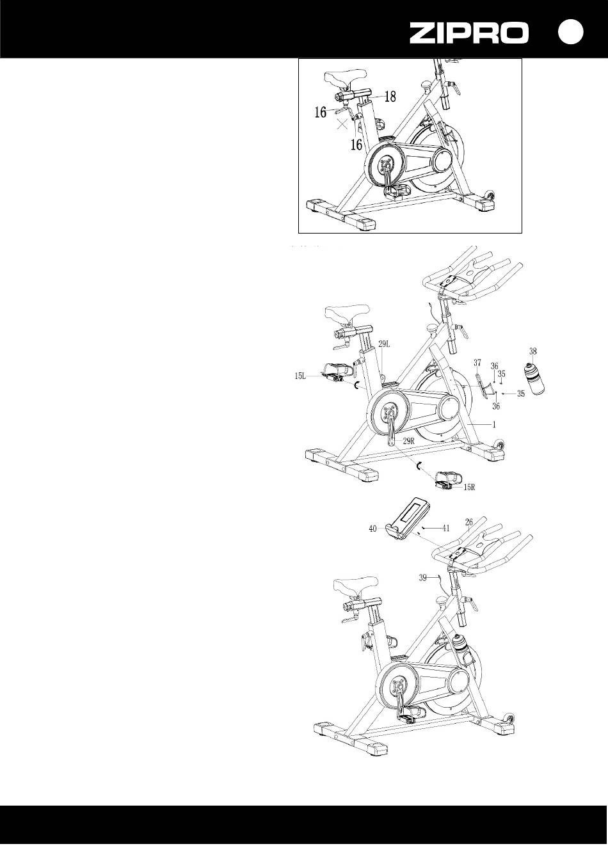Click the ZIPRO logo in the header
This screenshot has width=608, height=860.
click(x=468, y=33)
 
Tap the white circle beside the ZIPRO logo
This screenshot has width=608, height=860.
click(x=571, y=32)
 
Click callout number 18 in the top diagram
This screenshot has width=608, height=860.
click(x=390, y=96)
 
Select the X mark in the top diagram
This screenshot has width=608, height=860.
click(x=342, y=123)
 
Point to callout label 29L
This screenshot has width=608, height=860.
click(x=384, y=344)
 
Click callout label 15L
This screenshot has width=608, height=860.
click(x=300, y=376)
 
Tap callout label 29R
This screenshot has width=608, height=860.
click(x=409, y=441)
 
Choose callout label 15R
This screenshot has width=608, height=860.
click(x=469, y=487)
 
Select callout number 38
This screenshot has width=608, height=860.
click(x=532, y=351)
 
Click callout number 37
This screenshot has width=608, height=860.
click(x=477, y=362)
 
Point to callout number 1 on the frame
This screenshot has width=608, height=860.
click(x=494, y=425)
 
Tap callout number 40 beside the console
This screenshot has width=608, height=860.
click(x=372, y=529)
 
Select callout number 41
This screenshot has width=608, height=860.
click(x=445, y=529)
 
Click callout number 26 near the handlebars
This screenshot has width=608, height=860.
click(x=469, y=522)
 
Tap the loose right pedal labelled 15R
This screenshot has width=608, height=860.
click(x=448, y=479)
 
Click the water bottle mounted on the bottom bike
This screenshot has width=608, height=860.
click(x=461, y=648)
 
